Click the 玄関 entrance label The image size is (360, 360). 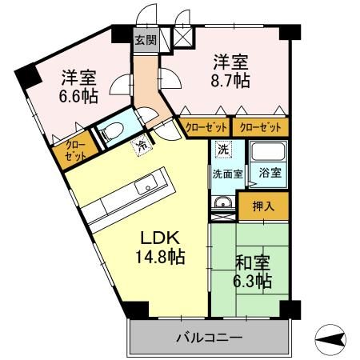tap(146, 40)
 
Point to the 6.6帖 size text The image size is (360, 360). tap(78, 95)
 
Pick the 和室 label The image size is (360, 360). tap(253, 262)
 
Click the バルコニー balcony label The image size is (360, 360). tap(209, 338)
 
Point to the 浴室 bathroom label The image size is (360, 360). tap(268, 173)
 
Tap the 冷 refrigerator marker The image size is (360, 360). tap(141, 146)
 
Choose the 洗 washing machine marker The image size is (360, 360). tap(224, 150)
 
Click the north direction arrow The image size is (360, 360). tap(332, 339)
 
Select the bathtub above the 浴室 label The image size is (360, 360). tap(268, 152)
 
